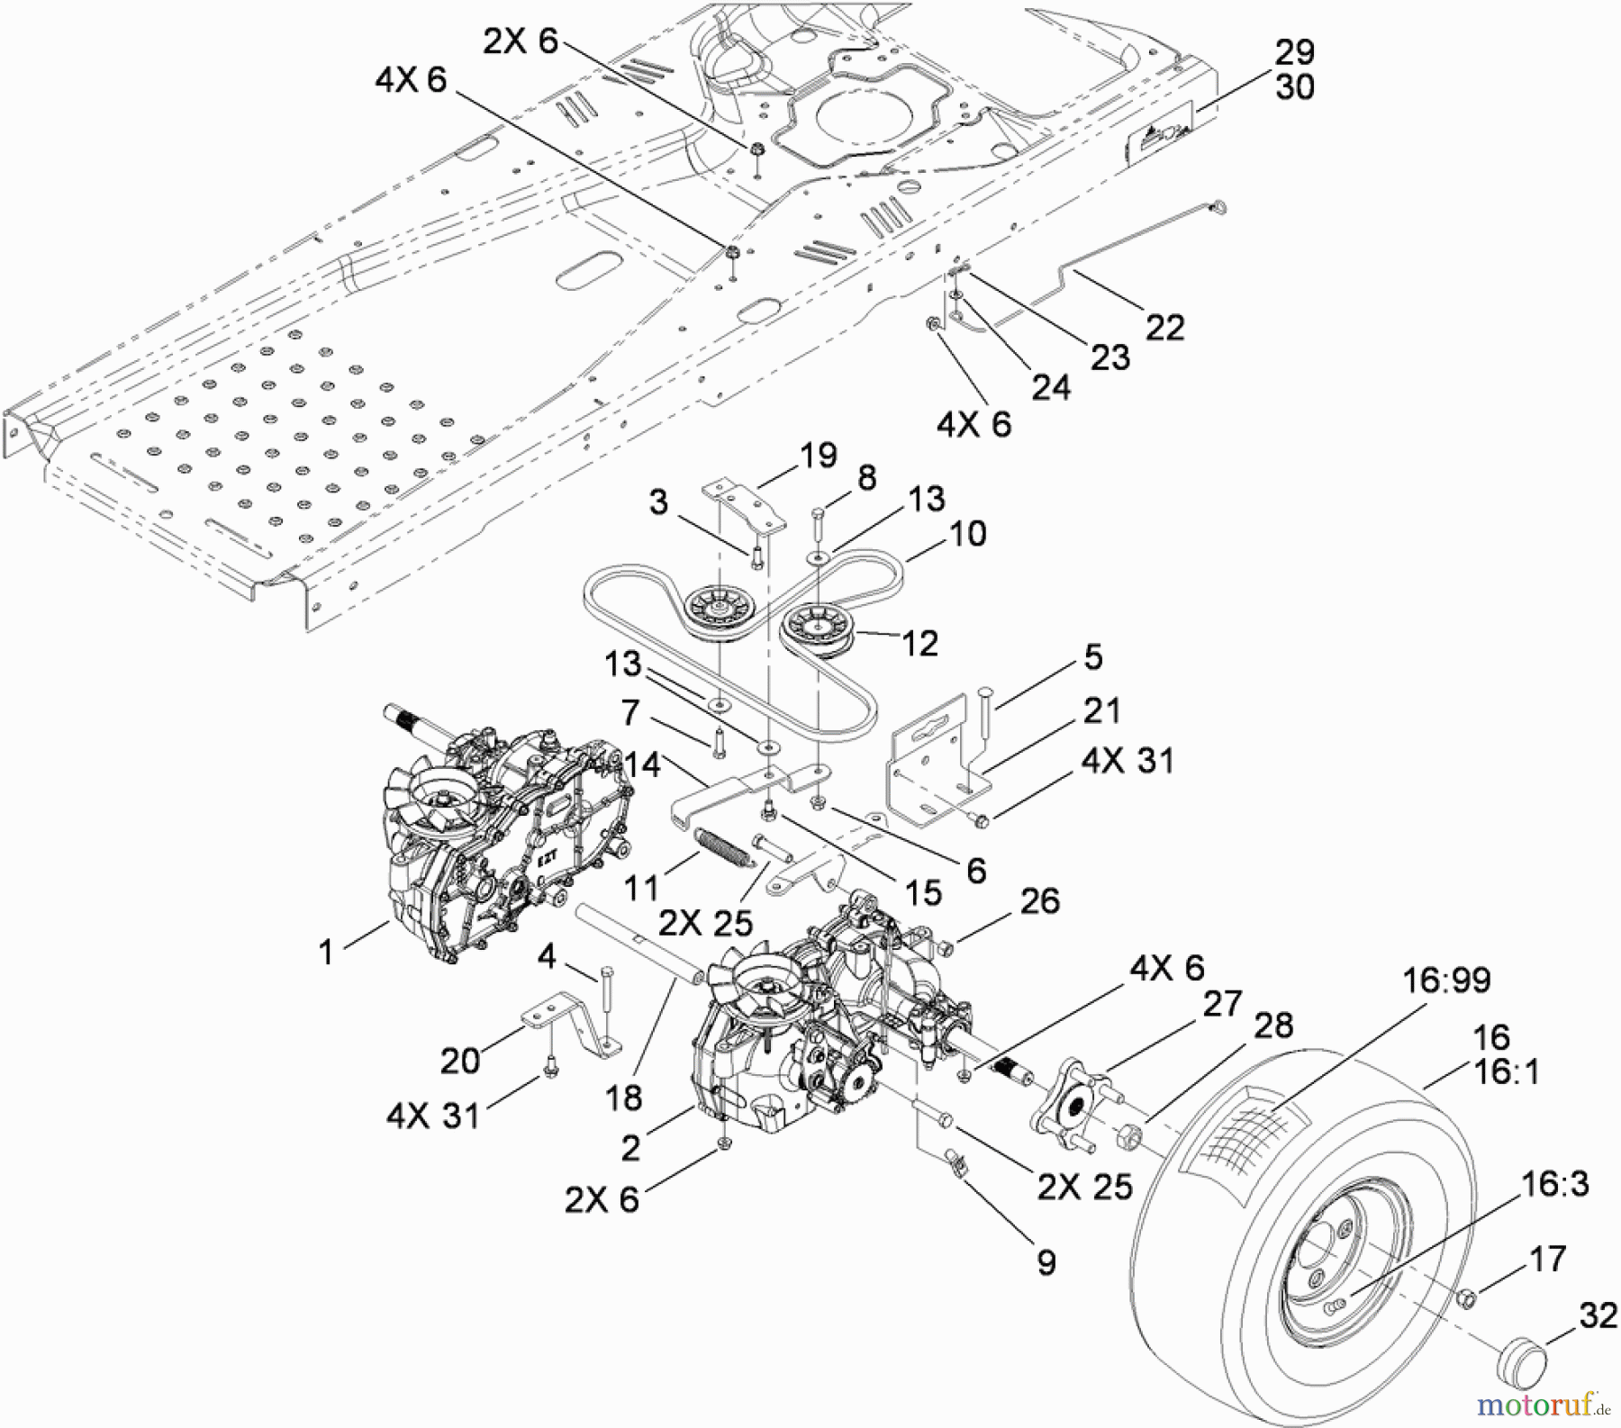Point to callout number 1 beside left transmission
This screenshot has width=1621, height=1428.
pyautogui.click(x=326, y=952)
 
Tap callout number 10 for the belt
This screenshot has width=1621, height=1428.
pyautogui.click(x=968, y=534)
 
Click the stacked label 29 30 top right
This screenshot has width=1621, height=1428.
pyautogui.click(x=1294, y=70)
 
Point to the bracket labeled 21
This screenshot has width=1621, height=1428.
pyautogui.click(x=932, y=765)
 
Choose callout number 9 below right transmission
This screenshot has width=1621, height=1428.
pyautogui.click(x=1046, y=1262)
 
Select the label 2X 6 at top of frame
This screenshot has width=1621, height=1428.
pyautogui.click(x=521, y=41)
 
